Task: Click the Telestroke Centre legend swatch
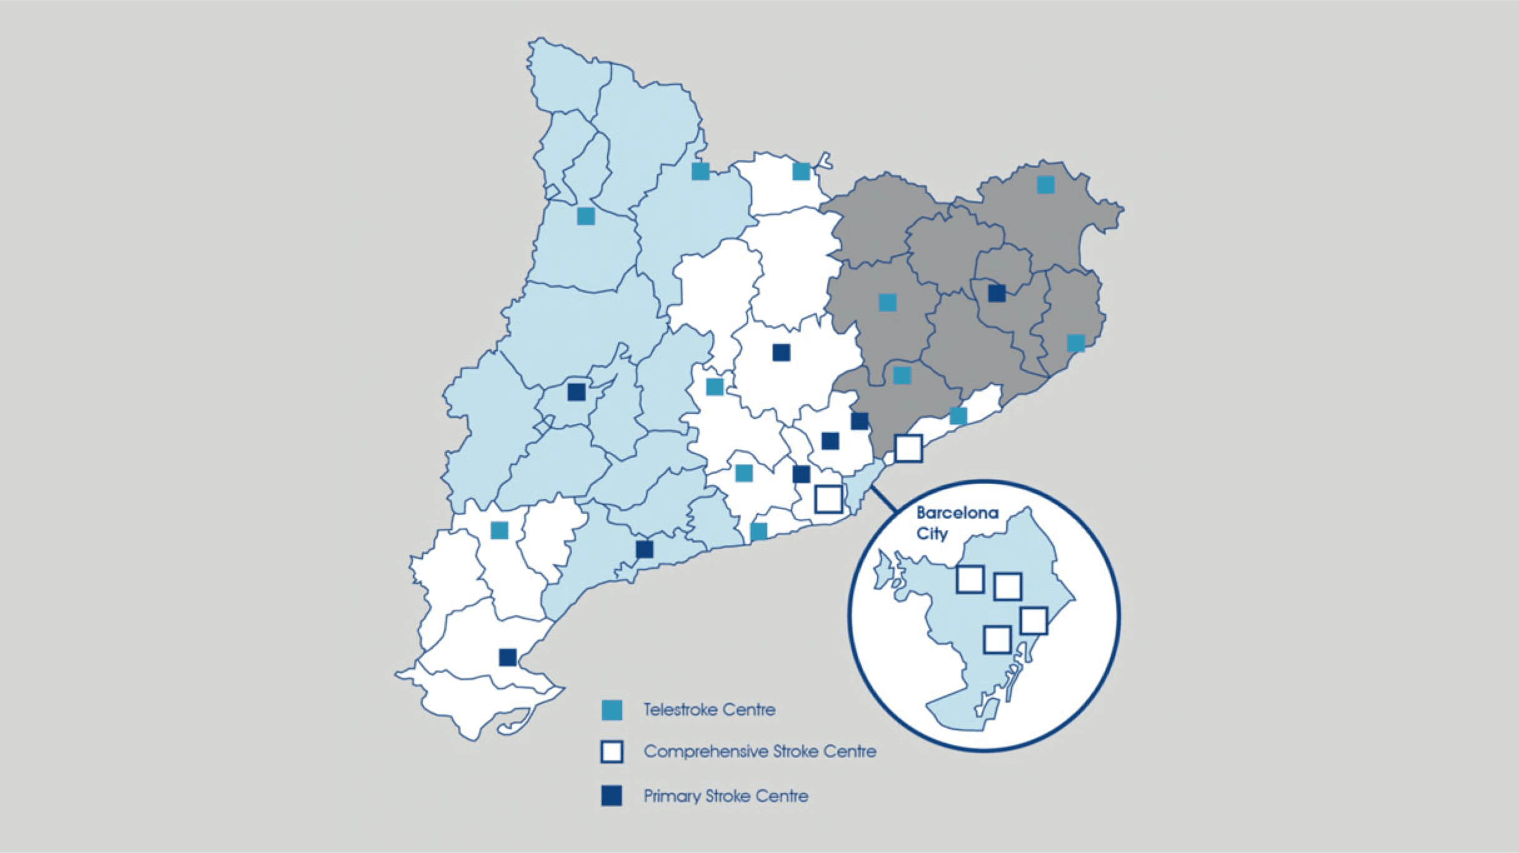pos(611,710)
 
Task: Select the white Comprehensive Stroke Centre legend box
pos(611,752)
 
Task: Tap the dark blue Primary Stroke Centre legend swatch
pos(611,796)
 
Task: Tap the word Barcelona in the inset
pos(957,513)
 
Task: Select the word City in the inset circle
pos(932,534)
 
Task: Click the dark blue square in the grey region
pos(997,292)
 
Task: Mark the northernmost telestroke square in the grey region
pos(1046,184)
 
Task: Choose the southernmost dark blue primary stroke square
pos(508,657)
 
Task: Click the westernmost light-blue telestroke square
pos(499,530)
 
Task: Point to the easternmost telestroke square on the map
pos(1076,343)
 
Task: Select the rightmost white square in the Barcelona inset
pos(1034,621)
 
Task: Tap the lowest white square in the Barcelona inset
pos(997,639)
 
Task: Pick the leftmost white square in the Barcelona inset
pos(970,579)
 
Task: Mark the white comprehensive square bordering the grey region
pos(908,448)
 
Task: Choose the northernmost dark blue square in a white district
pos(781,352)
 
